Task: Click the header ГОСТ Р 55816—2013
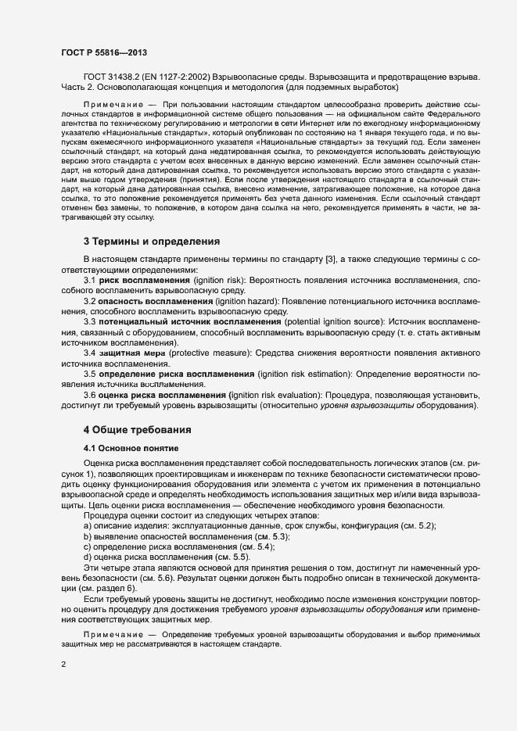point(103,52)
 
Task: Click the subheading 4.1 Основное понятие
point(131,448)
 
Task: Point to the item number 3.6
point(90,395)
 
